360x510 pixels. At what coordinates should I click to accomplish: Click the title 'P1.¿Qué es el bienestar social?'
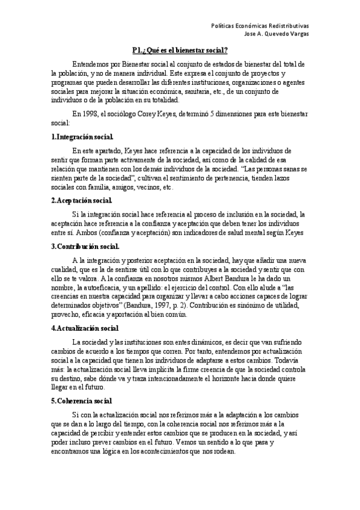tap(180, 50)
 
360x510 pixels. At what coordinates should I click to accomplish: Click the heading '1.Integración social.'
tap(82, 138)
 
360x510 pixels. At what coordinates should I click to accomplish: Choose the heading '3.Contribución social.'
tap(85, 246)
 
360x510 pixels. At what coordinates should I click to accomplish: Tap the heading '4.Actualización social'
tap(85, 328)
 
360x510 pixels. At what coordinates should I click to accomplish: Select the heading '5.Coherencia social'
tap(81, 384)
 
